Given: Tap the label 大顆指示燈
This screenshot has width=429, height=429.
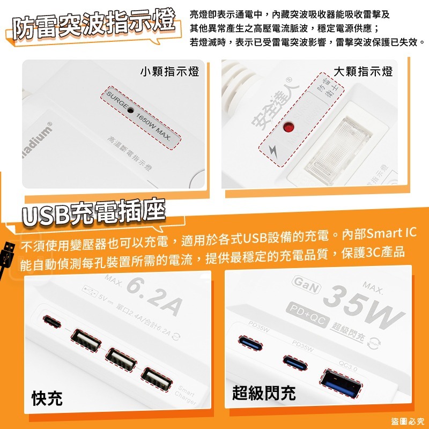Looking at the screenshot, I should point(363,71).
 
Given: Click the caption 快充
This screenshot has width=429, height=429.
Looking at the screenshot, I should point(47,398).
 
